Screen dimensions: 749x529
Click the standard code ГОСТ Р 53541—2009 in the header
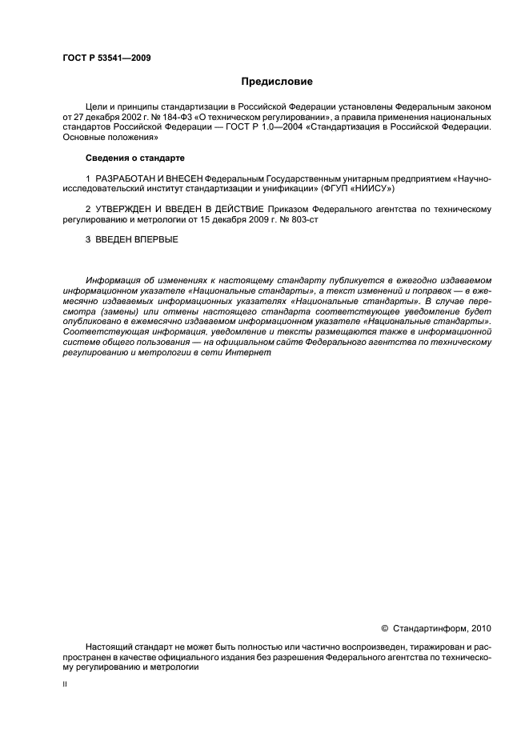(106, 58)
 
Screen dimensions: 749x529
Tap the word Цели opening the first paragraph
(97, 106)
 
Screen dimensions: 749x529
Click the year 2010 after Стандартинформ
(482, 630)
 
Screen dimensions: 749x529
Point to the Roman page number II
(65, 685)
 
